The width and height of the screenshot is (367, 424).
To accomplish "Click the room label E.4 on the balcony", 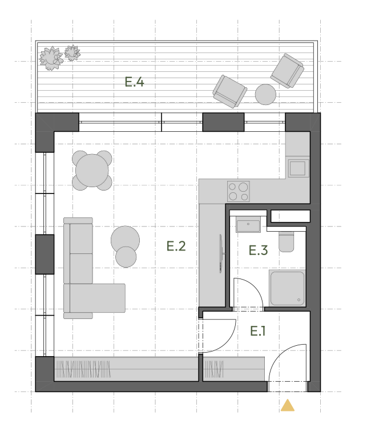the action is [134, 82].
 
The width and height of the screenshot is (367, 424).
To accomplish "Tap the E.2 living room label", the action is [176, 246].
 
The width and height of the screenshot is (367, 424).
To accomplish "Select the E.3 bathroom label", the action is [259, 250].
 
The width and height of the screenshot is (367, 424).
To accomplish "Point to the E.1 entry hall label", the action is [258, 331].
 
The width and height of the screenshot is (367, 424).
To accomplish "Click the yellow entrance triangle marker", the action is [288, 405].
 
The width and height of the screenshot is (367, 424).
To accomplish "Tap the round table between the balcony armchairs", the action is [265, 94].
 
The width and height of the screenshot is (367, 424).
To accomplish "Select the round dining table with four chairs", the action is [92, 171].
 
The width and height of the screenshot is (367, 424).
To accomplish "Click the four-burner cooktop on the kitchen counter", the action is [238, 191].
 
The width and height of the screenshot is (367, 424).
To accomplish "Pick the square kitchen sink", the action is [299, 168].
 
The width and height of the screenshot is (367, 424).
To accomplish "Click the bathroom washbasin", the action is [248, 224].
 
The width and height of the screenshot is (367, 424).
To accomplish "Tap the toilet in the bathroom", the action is [286, 241].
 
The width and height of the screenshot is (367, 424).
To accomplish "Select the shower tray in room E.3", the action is [287, 288].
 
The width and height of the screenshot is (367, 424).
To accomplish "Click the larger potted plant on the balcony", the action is [51, 58].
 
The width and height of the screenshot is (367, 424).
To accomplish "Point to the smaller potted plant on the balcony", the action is [72, 53].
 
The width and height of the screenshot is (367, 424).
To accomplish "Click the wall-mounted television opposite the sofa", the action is [221, 253].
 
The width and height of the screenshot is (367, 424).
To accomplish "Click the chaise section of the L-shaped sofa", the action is [94, 298].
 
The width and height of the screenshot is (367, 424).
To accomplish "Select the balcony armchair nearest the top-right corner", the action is [287, 71].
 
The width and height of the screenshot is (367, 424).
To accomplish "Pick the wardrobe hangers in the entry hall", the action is [213, 369].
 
